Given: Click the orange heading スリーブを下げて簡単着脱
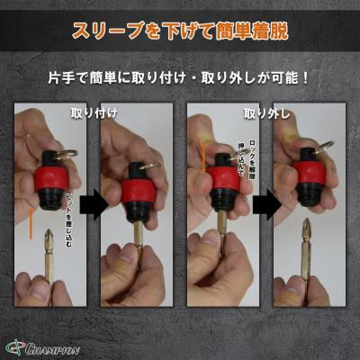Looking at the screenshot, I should [179, 31].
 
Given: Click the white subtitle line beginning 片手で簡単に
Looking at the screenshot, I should [179, 78].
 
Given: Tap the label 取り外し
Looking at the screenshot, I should [261, 114].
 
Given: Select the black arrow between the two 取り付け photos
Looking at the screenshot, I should [92, 204].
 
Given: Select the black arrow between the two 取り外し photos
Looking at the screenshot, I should [263, 204].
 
